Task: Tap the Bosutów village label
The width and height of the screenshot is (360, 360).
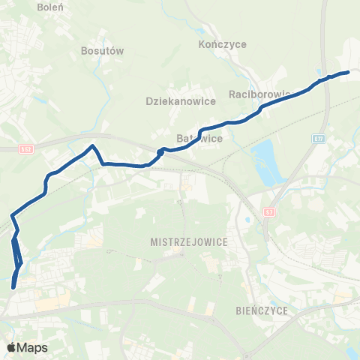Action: pos(101,51)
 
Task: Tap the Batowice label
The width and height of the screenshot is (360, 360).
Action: pos(198,139)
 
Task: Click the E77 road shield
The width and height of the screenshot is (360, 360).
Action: pos(319,139)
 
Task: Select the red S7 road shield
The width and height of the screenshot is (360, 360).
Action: pos(269,212)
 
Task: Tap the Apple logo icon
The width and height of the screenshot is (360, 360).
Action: pos(11,347)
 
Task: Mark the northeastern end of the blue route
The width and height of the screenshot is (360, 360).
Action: pos(348,72)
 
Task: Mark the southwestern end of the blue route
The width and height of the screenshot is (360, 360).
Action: pos(14,286)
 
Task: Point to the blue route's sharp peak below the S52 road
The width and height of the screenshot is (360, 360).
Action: pos(92,145)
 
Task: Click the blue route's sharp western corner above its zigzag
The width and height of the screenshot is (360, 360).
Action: pos(12,217)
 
